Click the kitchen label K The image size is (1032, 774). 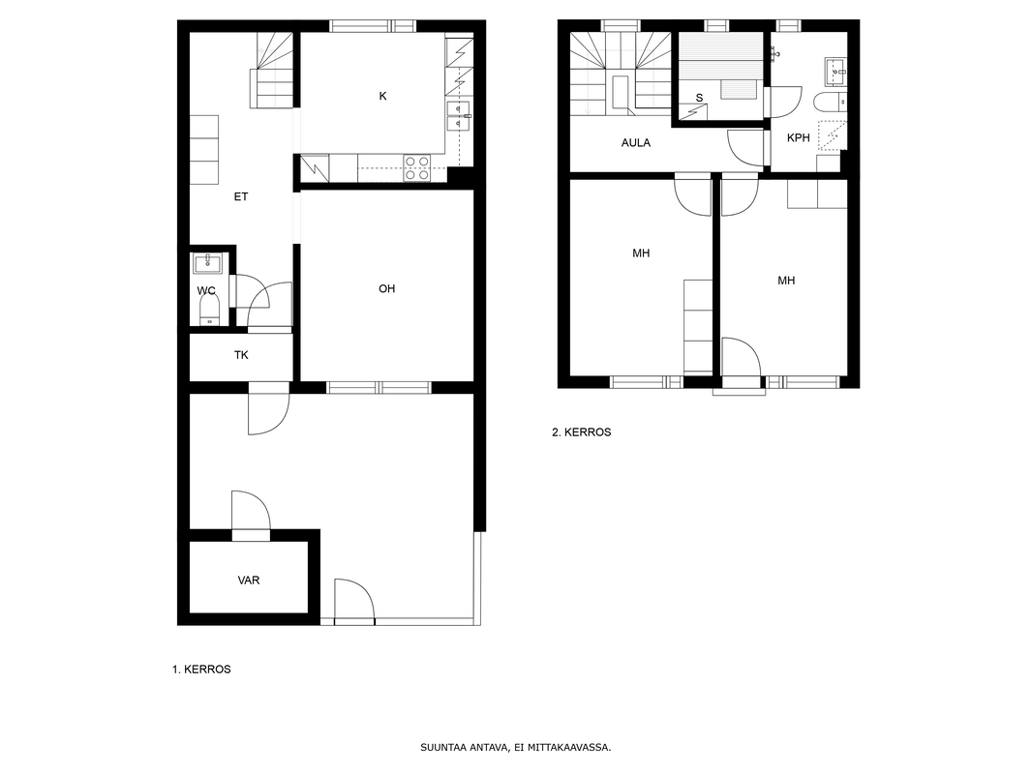pyautogui.click(x=382, y=96)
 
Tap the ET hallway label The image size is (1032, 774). pyautogui.click(x=241, y=196)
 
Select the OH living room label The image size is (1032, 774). pyautogui.click(x=386, y=288)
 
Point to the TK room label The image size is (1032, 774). pyautogui.click(x=242, y=355)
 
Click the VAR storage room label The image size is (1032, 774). pyautogui.click(x=249, y=580)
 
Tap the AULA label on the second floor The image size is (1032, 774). pyautogui.click(x=636, y=142)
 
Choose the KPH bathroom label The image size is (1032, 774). pyautogui.click(x=799, y=138)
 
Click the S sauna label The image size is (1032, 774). pyautogui.click(x=699, y=98)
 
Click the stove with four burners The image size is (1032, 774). pyautogui.click(x=416, y=167)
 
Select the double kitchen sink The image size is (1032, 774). pyautogui.click(x=459, y=116)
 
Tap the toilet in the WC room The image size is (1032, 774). pyautogui.click(x=209, y=309)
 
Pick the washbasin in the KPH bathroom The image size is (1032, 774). pyautogui.click(x=836, y=72)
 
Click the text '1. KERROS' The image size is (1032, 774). pyautogui.click(x=201, y=670)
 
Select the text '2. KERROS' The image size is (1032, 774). pyautogui.click(x=581, y=432)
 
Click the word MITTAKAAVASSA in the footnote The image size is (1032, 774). pyautogui.click(x=575, y=748)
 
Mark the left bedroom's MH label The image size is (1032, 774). pyautogui.click(x=641, y=253)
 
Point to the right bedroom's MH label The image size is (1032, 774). pyautogui.click(x=786, y=281)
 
